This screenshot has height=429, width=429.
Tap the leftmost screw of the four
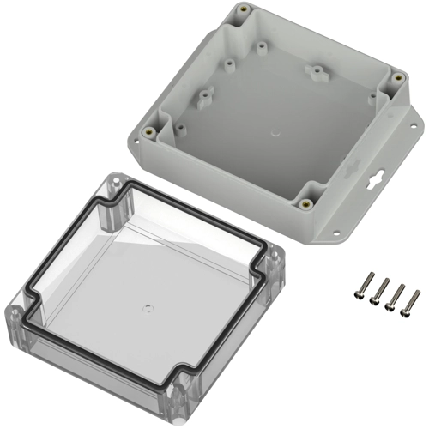[361, 286]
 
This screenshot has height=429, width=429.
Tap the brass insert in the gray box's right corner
[397, 79]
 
